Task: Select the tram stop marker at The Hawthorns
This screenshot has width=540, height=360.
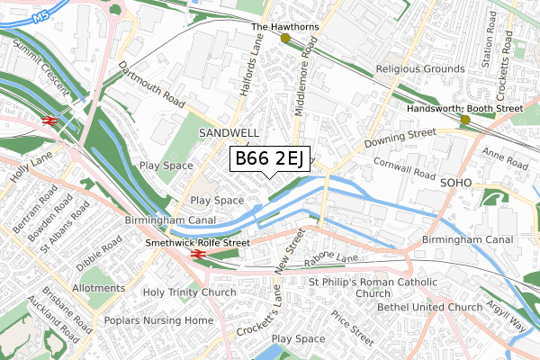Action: tap(286, 39)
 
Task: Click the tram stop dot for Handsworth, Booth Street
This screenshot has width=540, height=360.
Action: tap(465, 120)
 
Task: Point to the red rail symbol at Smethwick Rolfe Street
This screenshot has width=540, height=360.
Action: tap(197, 254)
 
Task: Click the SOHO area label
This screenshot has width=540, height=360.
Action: tap(456, 181)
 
